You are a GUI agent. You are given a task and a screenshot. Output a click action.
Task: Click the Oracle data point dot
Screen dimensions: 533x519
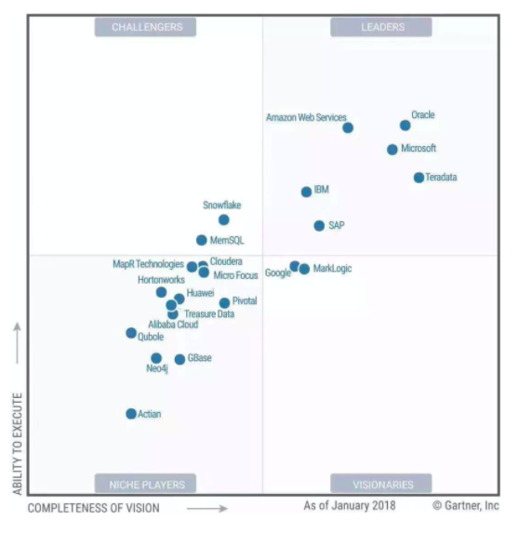point(406,126)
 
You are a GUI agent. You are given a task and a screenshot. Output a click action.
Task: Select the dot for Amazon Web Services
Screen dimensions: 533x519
point(348,128)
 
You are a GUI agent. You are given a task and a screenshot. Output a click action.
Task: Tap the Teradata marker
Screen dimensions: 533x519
point(419,178)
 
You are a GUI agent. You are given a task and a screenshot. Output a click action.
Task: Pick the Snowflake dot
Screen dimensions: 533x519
point(224,220)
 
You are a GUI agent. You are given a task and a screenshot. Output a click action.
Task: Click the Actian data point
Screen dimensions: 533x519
point(131,414)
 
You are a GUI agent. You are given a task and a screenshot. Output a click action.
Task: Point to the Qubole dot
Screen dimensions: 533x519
point(131,333)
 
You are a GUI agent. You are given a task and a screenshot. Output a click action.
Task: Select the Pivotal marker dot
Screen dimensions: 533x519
point(224,303)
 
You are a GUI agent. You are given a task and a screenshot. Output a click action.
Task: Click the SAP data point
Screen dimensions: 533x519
point(319,226)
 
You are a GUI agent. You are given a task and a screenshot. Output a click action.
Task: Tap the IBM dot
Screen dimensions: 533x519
point(306,193)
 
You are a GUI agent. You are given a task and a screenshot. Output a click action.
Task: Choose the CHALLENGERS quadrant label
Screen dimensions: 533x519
point(147,28)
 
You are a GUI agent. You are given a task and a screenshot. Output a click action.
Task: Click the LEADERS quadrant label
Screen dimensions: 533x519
point(382,28)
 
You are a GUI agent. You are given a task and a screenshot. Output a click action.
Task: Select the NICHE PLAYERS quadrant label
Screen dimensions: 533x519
point(147,485)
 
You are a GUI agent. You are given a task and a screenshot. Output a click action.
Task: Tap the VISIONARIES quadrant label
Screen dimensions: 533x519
point(382,485)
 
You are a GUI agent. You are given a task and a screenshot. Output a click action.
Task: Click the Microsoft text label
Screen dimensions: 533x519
point(419,149)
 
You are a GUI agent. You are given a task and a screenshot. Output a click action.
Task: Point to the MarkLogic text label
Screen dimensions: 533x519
point(333,269)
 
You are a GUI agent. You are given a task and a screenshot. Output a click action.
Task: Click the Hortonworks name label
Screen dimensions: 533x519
point(161,279)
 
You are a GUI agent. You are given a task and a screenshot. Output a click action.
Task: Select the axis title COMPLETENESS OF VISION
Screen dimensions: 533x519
point(93,509)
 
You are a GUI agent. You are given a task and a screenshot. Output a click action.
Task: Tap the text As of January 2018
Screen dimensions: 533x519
point(349,506)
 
